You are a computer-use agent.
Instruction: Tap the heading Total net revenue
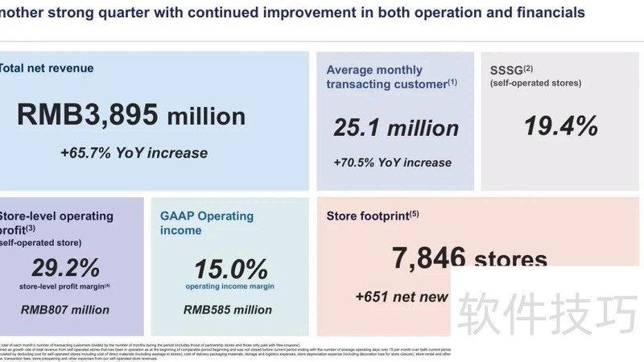[x=47, y=68]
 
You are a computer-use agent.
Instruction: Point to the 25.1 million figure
[x=396, y=127]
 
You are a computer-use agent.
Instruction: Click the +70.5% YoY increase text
[x=393, y=162]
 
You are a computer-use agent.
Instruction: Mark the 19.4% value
[x=561, y=125]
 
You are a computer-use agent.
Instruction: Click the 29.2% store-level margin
[x=66, y=268]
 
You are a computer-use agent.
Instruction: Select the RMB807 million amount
[x=65, y=309]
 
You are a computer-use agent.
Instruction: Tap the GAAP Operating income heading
[x=207, y=224]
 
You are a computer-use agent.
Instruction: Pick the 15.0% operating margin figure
[x=230, y=269]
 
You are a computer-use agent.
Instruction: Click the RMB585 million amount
[x=228, y=309]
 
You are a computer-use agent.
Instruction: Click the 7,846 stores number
[x=469, y=259]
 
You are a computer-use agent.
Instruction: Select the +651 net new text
[x=402, y=297]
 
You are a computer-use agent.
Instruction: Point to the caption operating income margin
[x=230, y=286]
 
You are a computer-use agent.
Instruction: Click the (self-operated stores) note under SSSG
[x=535, y=83]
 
